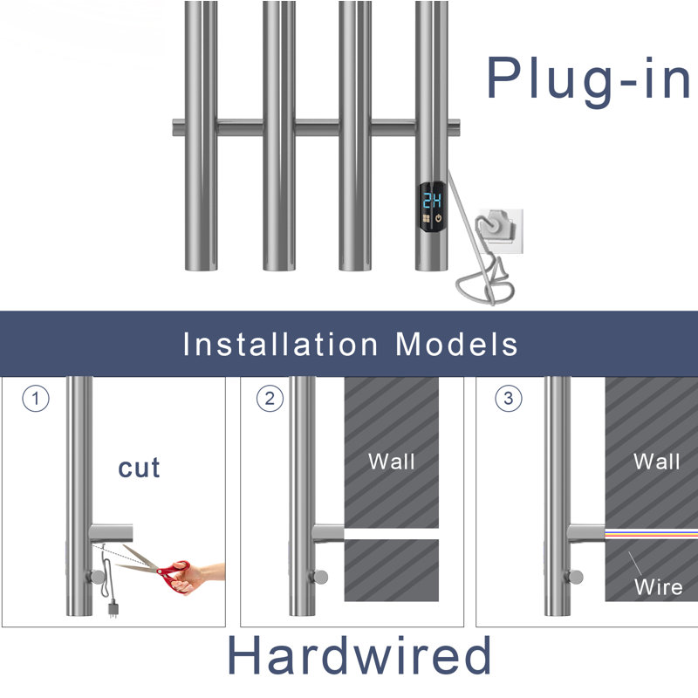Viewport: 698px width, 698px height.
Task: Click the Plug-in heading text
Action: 588,80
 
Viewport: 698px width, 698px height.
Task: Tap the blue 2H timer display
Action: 432,201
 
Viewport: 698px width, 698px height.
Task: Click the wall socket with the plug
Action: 500,230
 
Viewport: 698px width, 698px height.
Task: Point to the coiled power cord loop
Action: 484,287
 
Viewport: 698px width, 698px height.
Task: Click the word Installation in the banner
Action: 280,344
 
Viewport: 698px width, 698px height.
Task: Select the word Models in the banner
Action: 456,344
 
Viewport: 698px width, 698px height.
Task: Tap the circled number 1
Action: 36,399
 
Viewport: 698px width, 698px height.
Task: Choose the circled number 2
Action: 270,399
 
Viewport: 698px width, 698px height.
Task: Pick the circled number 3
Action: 509,399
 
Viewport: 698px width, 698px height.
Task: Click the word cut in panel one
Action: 139,468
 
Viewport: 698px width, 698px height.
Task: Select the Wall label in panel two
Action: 392,462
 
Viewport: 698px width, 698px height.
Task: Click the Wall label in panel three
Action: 657,462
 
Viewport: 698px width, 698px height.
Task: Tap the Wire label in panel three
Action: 659,587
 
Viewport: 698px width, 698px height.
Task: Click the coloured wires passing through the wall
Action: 651,533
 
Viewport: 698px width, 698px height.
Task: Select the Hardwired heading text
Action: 359,655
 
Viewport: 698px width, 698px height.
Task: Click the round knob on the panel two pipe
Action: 319,577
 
